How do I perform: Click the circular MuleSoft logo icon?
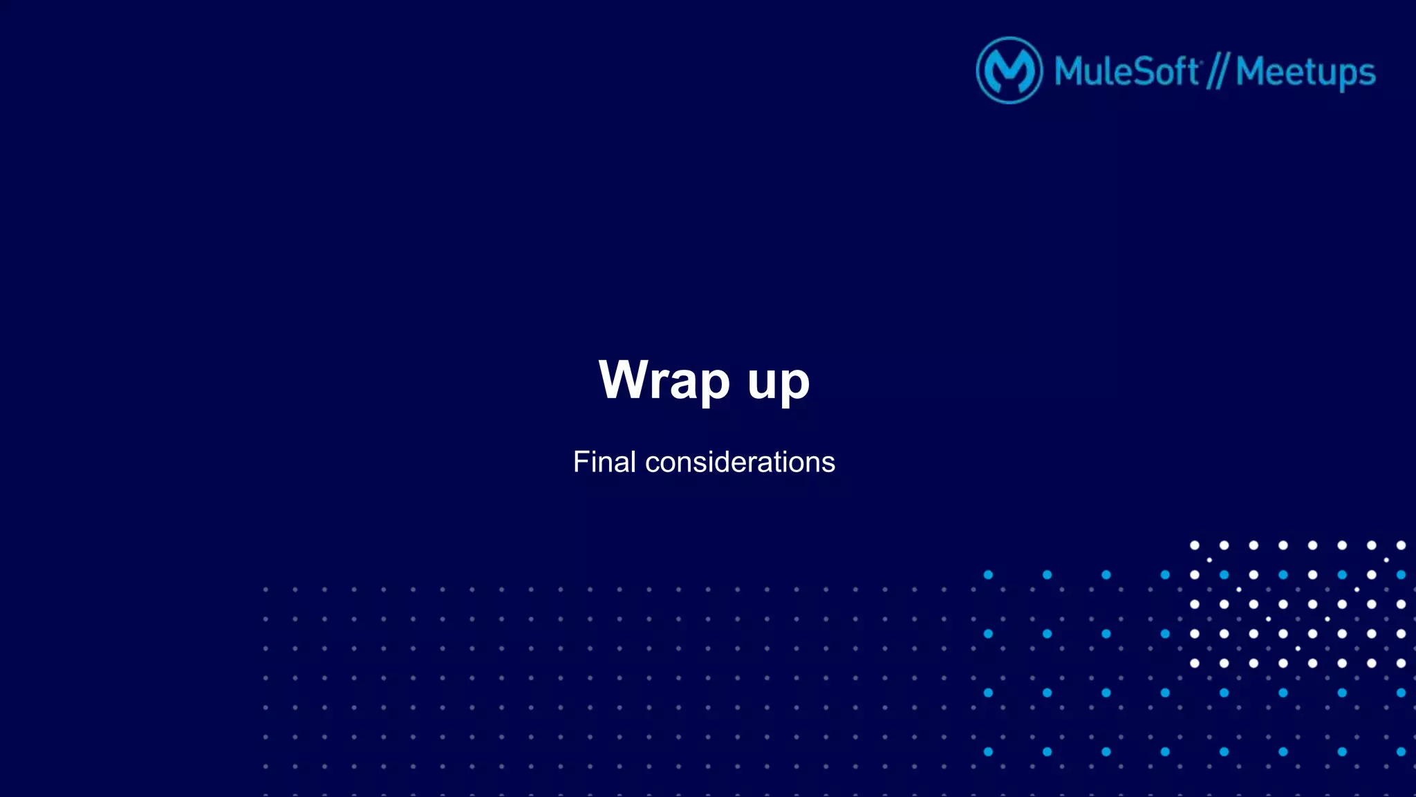point(1009,71)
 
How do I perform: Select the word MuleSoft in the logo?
point(1126,71)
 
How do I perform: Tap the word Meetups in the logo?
point(1305,73)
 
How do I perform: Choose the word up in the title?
point(779,382)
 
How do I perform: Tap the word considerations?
point(740,462)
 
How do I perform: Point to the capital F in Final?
point(580,462)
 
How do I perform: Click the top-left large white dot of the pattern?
point(1194,545)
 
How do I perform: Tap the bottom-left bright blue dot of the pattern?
point(988,751)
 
